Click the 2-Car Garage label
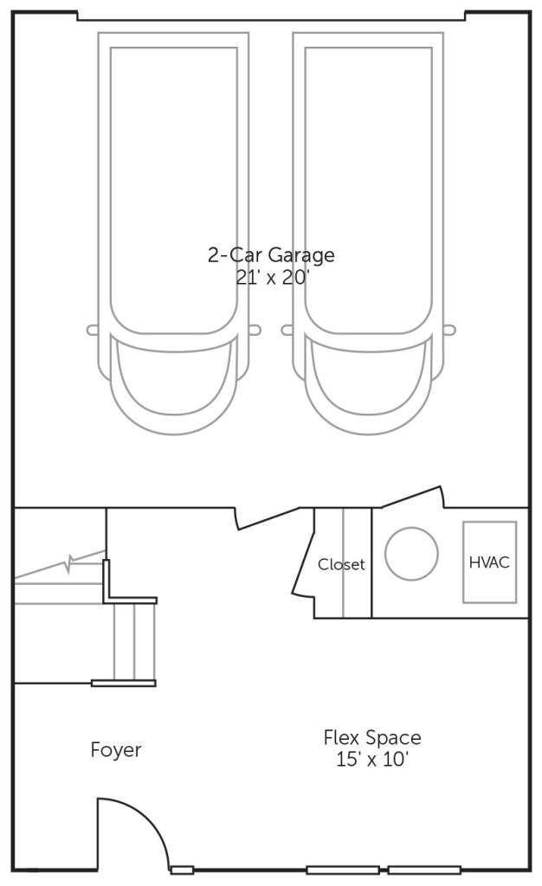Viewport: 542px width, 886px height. (x=271, y=255)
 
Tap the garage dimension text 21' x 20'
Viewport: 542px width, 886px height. (x=272, y=278)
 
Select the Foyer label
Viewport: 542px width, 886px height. (x=116, y=750)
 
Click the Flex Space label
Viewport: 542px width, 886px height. (x=372, y=737)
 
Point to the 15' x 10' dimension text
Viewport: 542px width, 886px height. (x=372, y=759)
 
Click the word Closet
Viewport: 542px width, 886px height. (x=341, y=564)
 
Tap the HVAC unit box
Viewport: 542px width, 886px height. (x=489, y=562)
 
